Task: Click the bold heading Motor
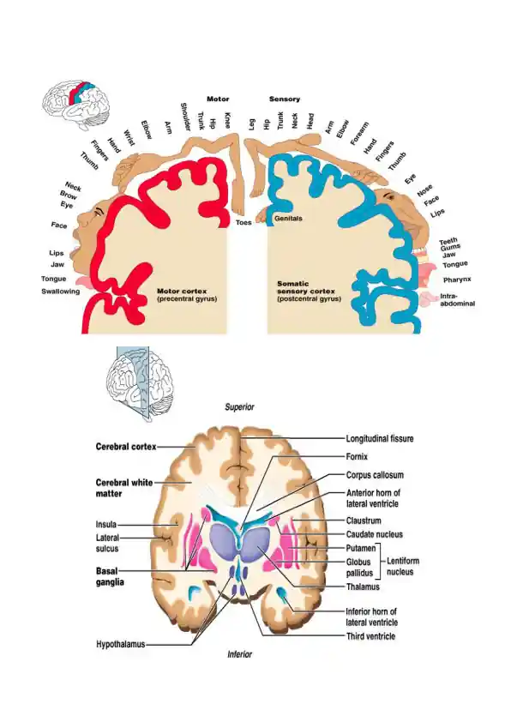coord(218,99)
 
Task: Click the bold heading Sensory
coord(285,99)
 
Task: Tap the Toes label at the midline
coord(243,222)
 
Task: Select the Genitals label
coord(288,219)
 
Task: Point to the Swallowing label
coord(60,292)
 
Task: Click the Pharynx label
coord(457,280)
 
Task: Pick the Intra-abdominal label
coord(457,300)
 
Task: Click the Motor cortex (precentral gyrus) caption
coord(187,295)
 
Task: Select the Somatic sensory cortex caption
coord(309,291)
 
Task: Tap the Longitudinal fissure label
coord(380,439)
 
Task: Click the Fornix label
coord(357,457)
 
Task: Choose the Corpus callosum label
coord(375,475)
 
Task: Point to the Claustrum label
coord(364,520)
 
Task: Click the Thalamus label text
coord(363,587)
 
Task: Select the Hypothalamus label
coord(121,644)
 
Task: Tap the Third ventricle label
coord(370,636)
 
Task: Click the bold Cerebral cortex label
coord(126,447)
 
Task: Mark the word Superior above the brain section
coord(239,407)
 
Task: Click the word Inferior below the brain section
coord(240,654)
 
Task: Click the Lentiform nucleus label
coord(403,566)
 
